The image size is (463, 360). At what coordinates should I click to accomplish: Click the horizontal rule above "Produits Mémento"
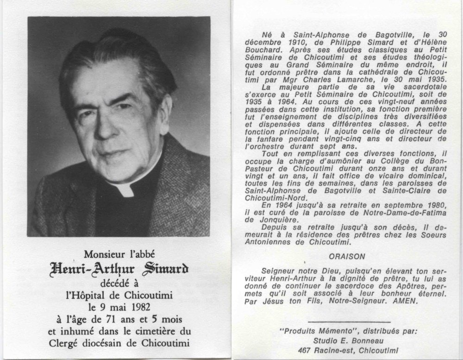[348, 321]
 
